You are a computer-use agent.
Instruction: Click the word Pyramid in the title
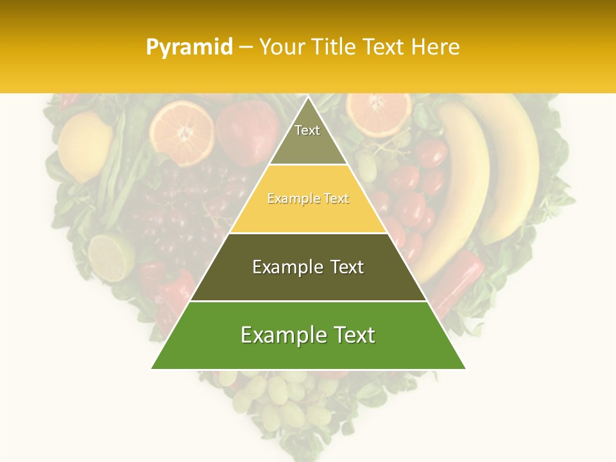(189, 47)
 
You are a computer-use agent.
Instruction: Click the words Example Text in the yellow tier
(308, 199)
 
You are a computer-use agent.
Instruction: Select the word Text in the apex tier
(307, 130)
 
